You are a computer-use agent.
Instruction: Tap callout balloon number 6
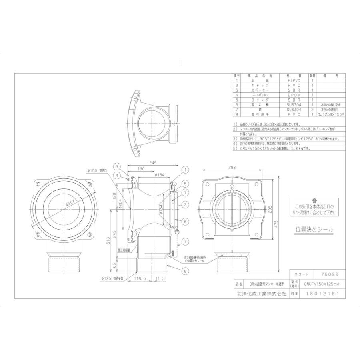click(186, 221)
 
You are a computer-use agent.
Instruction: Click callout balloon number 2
click(186, 204)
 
